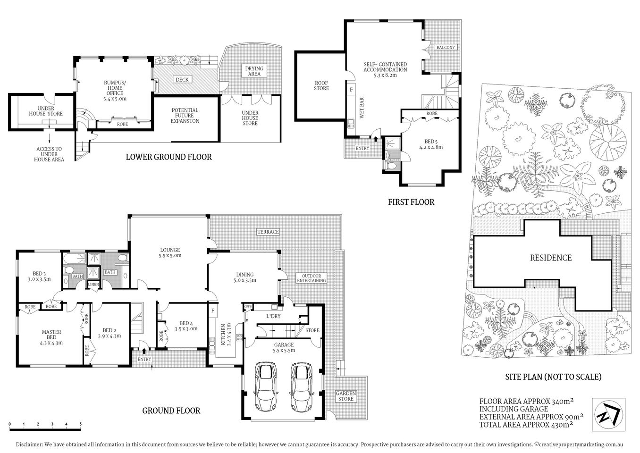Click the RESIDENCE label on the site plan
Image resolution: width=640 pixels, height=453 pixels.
(550, 258)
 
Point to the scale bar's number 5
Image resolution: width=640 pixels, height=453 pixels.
(81, 424)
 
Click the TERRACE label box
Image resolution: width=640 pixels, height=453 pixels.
(268, 232)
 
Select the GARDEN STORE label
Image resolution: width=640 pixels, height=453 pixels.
(346, 396)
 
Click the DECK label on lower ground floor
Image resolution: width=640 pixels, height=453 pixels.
(182, 79)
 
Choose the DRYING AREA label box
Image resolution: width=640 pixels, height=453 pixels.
(254, 71)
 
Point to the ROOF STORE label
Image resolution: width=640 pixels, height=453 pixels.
(321, 85)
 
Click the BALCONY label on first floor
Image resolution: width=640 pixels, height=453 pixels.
(446, 47)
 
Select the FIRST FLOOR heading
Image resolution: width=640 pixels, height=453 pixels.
(411, 202)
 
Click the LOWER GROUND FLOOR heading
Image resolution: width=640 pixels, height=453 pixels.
(168, 157)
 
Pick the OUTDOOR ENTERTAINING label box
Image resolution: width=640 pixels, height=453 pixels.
(311, 278)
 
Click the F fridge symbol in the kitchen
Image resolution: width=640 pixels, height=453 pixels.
(213, 310)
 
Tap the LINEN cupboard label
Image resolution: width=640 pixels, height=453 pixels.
(93, 284)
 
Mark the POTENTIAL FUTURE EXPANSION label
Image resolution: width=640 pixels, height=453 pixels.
(185, 116)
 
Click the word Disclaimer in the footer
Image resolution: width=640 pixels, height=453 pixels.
(29, 445)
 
